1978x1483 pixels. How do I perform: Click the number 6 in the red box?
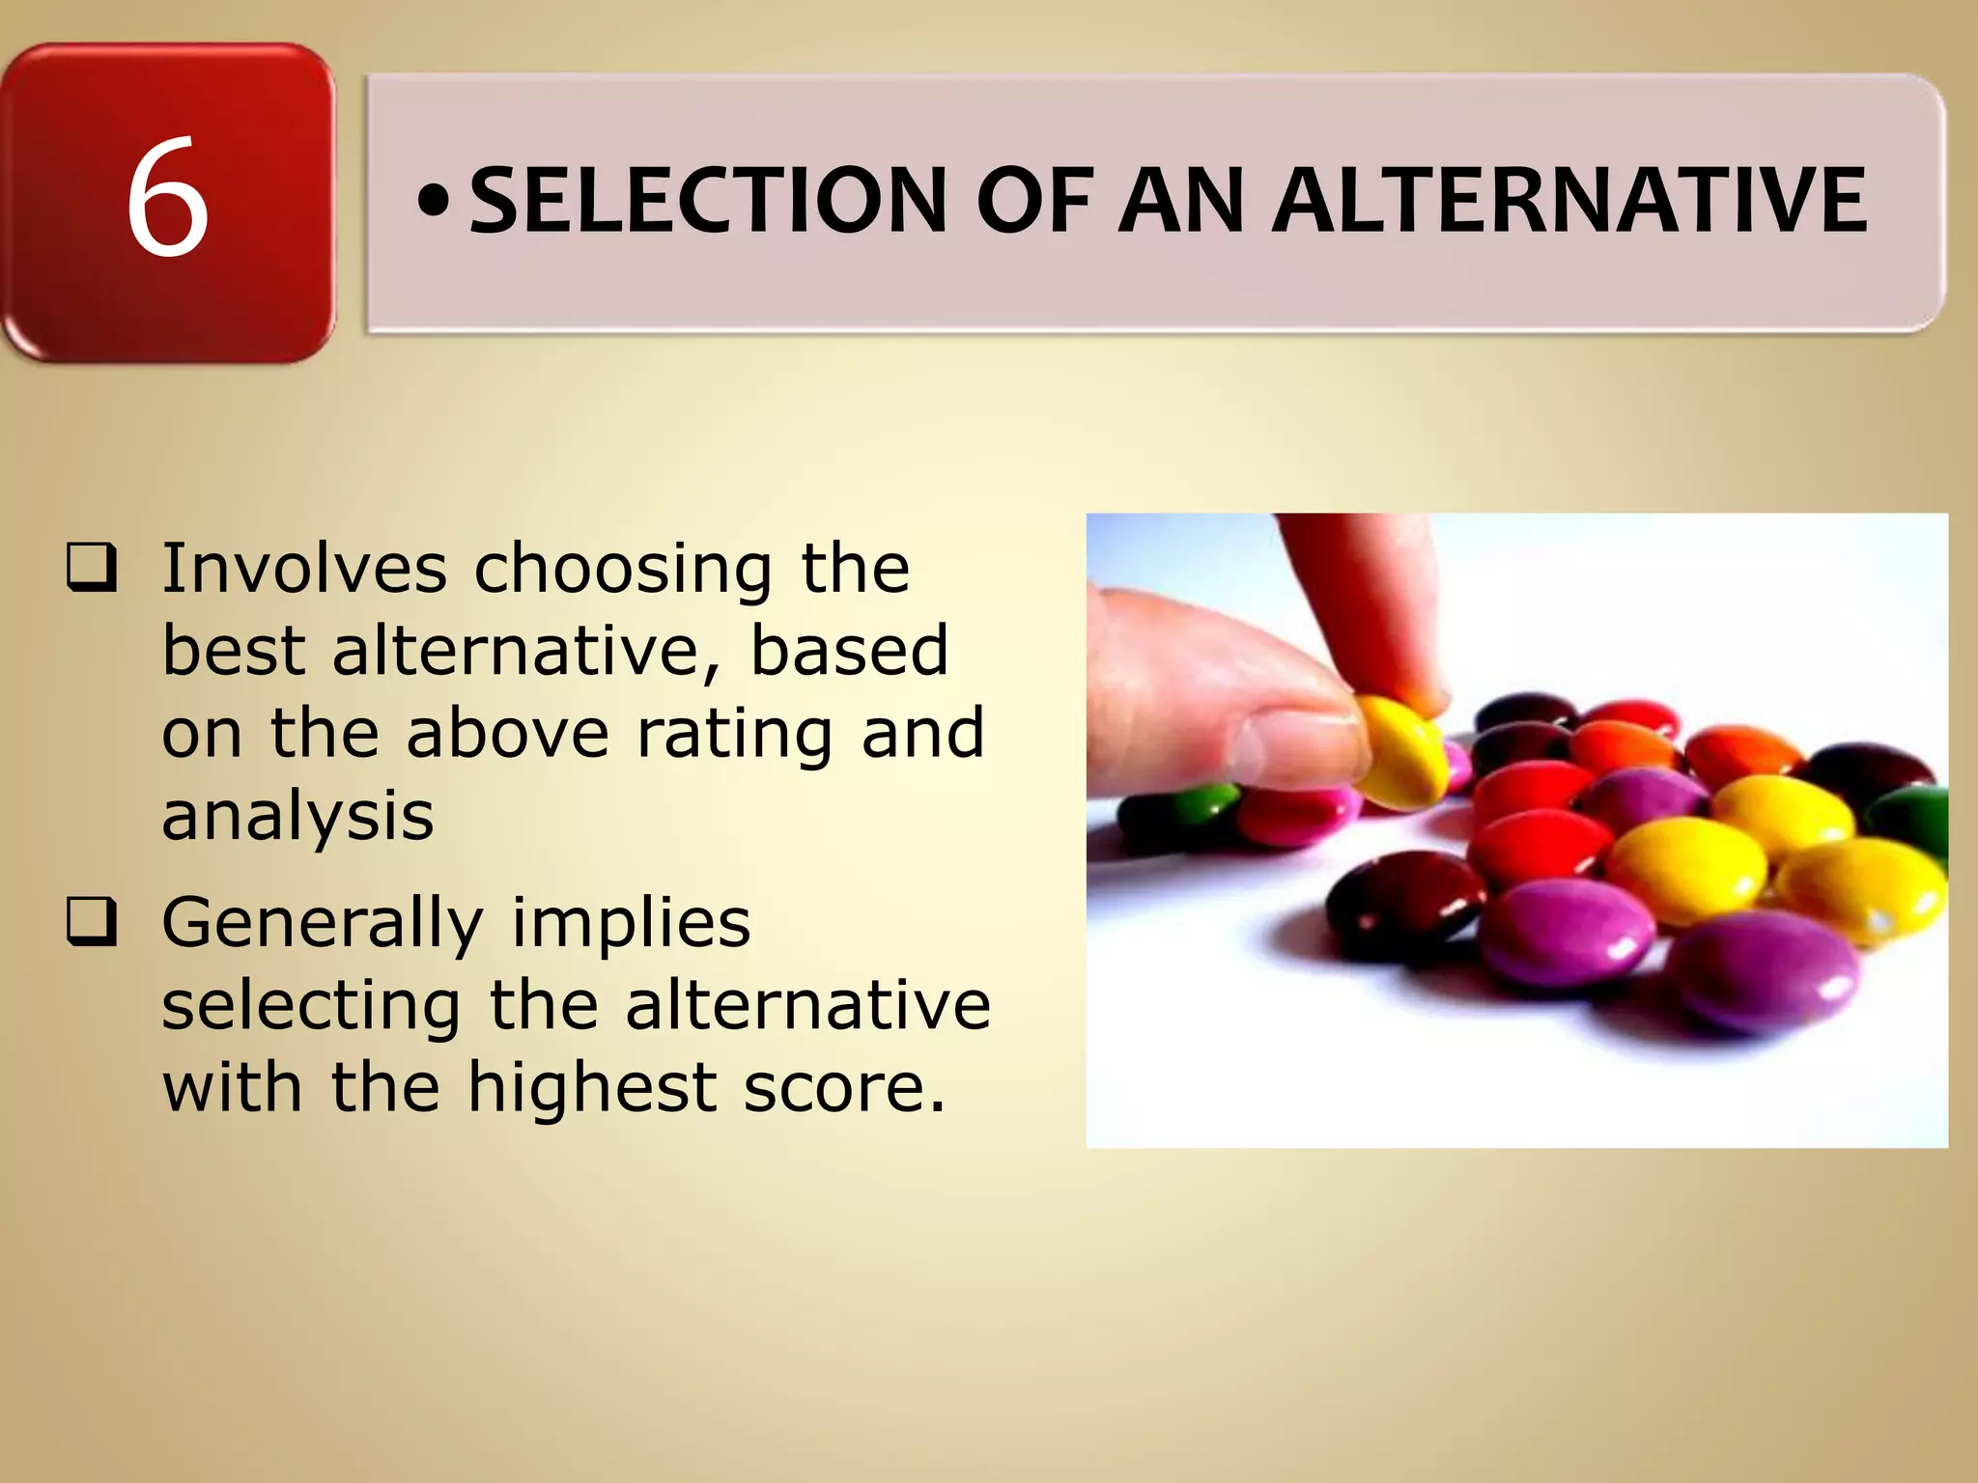pyautogui.click(x=167, y=198)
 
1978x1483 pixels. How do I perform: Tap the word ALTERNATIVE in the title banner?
pyautogui.click(x=1568, y=202)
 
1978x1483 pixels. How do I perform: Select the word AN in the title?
pyautogui.click(x=1181, y=202)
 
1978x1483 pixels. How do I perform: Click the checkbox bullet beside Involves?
pyautogui.click(x=92, y=569)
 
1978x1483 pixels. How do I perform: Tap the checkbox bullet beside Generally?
pyautogui.click(x=92, y=923)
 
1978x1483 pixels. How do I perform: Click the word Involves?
pyautogui.click(x=303, y=568)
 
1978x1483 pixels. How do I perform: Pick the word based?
pyautogui.click(x=850, y=650)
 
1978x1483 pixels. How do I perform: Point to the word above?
pyautogui.click(x=507, y=734)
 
